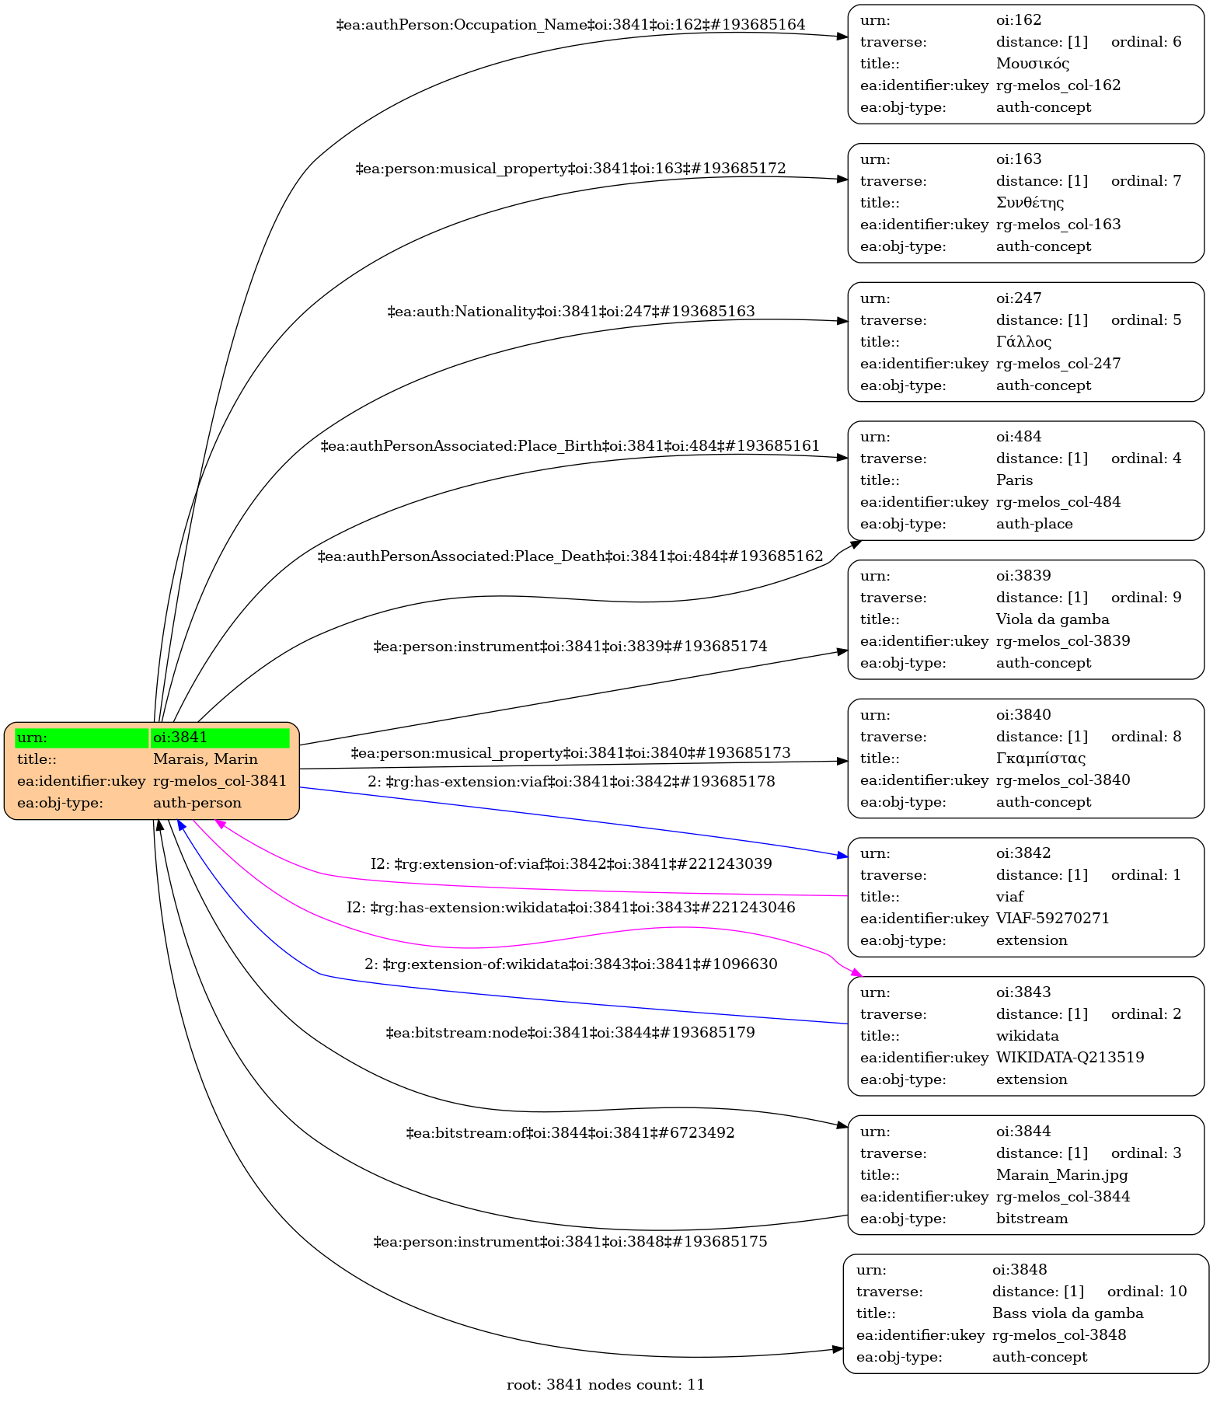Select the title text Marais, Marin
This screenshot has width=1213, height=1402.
pos(205,759)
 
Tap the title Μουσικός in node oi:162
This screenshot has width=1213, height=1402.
pos(1033,64)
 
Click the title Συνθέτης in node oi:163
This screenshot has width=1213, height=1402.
pos(1030,203)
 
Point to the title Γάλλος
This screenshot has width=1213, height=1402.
pos(1023,342)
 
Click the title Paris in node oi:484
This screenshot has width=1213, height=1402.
pos(1014,480)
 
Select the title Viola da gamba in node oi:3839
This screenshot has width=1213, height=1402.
pos(1052,619)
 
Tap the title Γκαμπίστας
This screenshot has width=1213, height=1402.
pos(1040,759)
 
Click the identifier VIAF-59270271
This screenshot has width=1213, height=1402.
pos(1052,919)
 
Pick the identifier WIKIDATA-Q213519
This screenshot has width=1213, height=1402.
pos(1070,1058)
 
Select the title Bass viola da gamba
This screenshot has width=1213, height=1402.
pos(1068,1314)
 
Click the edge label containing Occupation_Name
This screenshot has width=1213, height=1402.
pos(570,25)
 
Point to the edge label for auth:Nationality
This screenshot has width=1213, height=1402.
pos(570,312)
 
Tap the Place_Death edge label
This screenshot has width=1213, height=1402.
pos(570,556)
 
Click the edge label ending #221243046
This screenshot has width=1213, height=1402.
pos(570,908)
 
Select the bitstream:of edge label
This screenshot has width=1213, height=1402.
pos(570,1133)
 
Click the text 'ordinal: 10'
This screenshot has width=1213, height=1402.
pos(1147,1292)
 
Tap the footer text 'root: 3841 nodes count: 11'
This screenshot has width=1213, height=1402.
pos(605,1385)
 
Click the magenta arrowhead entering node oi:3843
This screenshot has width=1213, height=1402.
pos(856,972)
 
